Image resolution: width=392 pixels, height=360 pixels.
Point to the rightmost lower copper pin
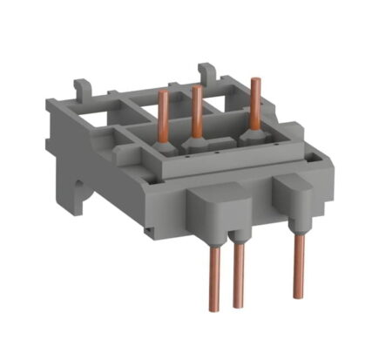pos(300,266)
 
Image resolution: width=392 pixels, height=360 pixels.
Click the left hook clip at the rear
pos(82,88)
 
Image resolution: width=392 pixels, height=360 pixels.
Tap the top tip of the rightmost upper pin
pos(255,81)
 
